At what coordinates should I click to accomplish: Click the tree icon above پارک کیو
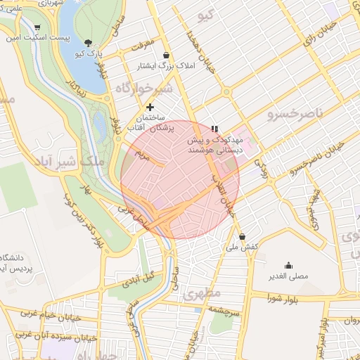pos(88,43)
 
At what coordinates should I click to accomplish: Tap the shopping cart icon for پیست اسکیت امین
pos(36,27)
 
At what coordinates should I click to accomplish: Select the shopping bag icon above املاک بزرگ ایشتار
pos(166,56)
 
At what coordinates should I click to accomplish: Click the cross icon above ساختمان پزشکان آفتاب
pos(150,107)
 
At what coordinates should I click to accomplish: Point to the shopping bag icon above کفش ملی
pos(243,237)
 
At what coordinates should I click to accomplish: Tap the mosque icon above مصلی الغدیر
pos(288,265)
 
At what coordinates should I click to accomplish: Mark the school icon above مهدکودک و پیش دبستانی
pos(214,129)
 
